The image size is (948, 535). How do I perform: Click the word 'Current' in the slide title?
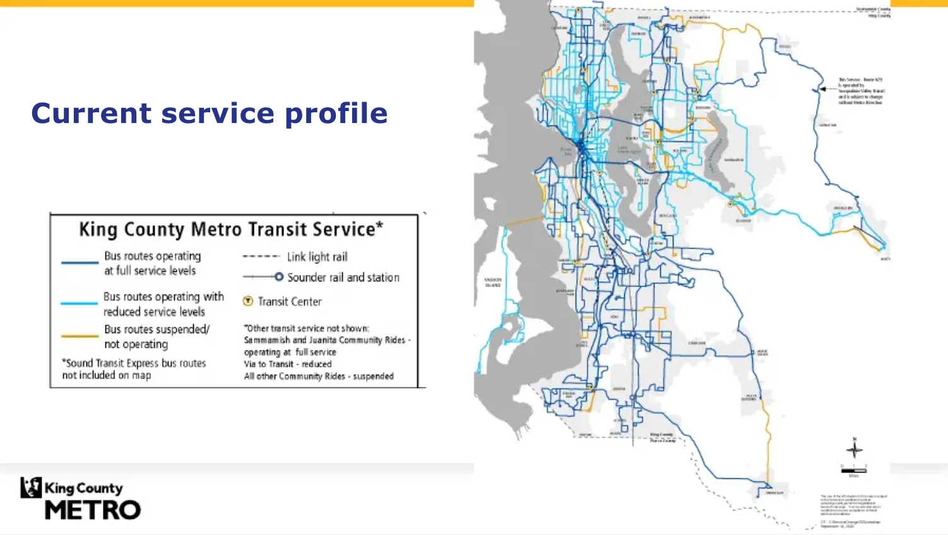pyautogui.click(x=92, y=114)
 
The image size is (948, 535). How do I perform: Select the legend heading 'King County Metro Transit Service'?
pyautogui.click(x=231, y=229)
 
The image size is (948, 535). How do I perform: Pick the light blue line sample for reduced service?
pyautogui.click(x=80, y=303)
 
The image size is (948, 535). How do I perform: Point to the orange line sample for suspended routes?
pyautogui.click(x=80, y=336)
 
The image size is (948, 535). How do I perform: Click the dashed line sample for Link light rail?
pyautogui.click(x=261, y=257)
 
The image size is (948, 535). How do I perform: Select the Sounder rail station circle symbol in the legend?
pyautogui.click(x=278, y=277)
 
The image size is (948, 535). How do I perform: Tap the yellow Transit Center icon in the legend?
pyautogui.click(x=248, y=302)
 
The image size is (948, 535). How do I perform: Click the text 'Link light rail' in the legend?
pyautogui.click(x=317, y=257)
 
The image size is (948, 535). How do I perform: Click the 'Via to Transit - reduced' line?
pyautogui.click(x=287, y=364)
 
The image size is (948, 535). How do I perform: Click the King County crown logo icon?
pyautogui.click(x=31, y=487)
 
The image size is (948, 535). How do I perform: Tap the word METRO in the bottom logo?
pyautogui.click(x=93, y=510)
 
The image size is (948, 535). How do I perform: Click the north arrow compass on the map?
pyautogui.click(x=855, y=449)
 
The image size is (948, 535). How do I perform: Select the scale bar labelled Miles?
pyautogui.click(x=853, y=470)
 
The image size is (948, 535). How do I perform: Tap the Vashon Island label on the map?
pyautogui.click(x=493, y=283)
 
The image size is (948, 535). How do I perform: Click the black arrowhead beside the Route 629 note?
pyautogui.click(x=823, y=90)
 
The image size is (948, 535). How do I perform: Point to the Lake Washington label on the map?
pyautogui.click(x=629, y=150)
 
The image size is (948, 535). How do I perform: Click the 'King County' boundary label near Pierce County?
pyautogui.click(x=662, y=434)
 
